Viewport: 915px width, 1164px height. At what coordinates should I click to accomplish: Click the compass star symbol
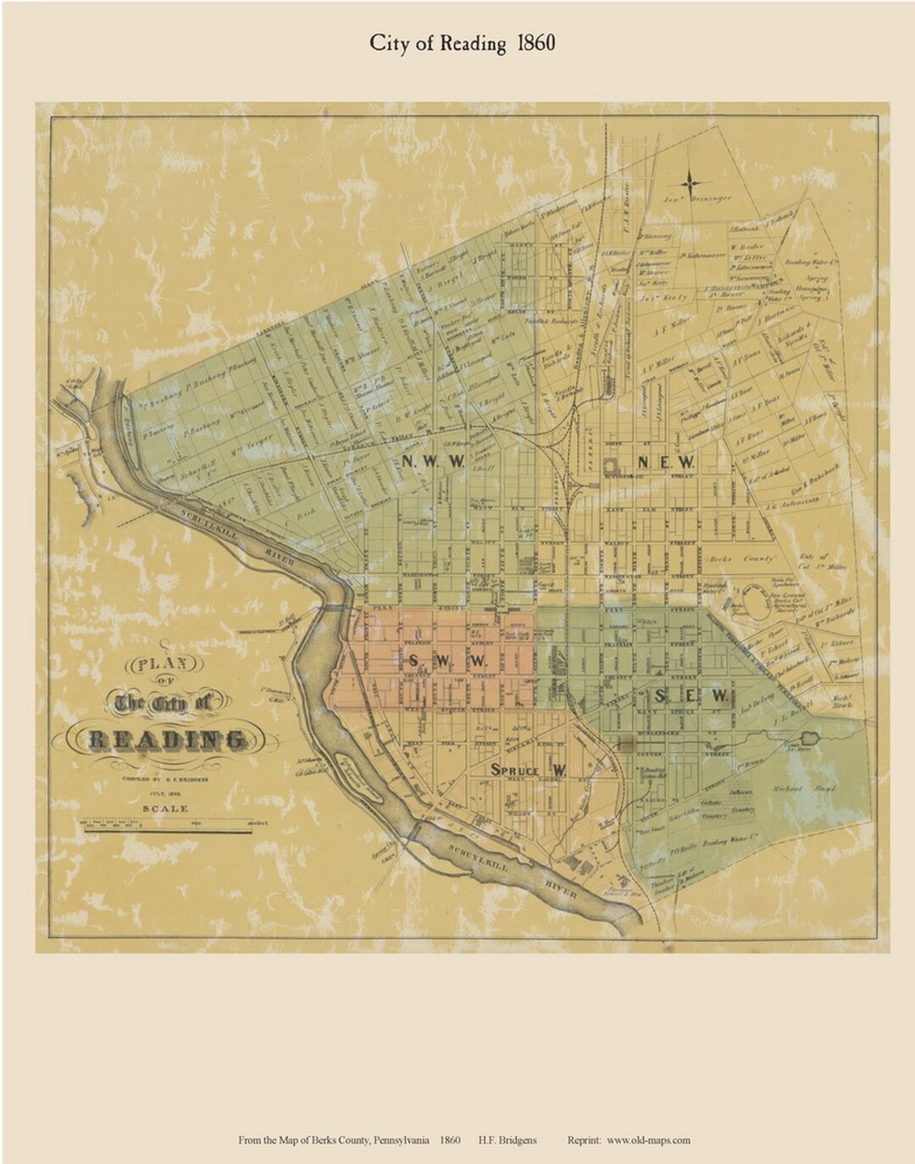click(x=690, y=181)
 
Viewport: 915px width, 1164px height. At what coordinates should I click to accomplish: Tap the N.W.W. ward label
click(x=433, y=462)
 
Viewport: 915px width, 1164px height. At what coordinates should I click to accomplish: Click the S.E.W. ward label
click(x=691, y=696)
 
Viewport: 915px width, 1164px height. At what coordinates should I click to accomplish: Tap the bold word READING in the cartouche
click(x=168, y=740)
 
